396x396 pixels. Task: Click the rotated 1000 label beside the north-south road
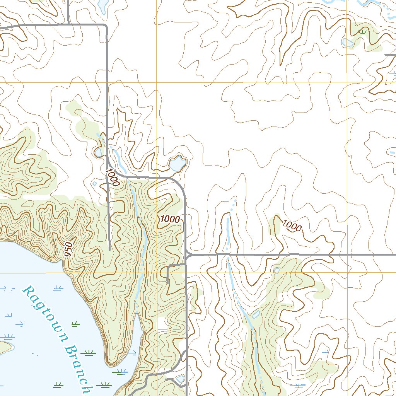pos(112,177)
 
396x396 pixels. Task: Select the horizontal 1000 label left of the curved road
pos(170,219)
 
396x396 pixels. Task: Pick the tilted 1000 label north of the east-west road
pos(292,225)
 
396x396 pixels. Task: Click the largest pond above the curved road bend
pos(176,164)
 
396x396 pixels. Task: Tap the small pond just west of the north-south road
pos(98,152)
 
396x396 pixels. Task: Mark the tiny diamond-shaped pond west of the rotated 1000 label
pos(94,183)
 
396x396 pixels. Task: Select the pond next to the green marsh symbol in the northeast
pos(348,42)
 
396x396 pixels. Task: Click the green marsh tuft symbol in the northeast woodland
pos(363,32)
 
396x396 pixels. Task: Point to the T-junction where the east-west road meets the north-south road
pos(187,254)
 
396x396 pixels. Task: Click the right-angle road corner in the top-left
pos(106,26)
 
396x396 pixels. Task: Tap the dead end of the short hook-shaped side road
pos(167,282)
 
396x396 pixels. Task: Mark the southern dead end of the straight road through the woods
pos(110,249)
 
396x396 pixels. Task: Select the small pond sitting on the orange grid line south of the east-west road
pos(277,270)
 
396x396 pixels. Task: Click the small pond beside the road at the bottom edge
pos(180,379)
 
